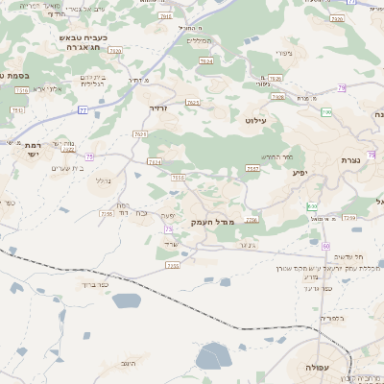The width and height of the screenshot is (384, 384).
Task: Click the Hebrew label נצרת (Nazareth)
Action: point(349,160)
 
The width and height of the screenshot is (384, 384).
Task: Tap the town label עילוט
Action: point(283,120)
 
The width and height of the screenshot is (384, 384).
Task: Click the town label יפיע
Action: point(300,174)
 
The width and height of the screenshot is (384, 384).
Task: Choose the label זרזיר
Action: point(158,108)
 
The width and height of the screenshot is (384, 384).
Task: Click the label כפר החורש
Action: point(276,156)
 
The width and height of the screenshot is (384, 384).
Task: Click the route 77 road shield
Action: point(83,110)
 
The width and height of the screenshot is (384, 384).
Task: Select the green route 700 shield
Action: point(326,113)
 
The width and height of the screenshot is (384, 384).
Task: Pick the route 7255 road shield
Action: point(173,265)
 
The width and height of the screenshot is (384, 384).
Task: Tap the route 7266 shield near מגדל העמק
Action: point(251,220)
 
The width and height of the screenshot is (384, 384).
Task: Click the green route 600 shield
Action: point(312,206)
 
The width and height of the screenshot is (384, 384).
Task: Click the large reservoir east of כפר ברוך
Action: point(126,301)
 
